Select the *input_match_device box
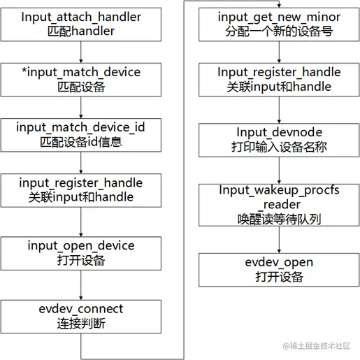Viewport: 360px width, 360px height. pyautogui.click(x=81, y=80)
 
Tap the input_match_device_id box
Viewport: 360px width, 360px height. pyautogui.click(x=81, y=134)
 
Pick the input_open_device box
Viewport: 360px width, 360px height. pyautogui.click(x=81, y=253)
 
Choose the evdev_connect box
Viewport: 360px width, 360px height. pyautogui.click(x=81, y=316)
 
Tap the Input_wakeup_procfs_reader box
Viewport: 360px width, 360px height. pyautogui.click(x=280, y=204)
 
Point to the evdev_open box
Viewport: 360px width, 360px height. pyautogui.click(x=280, y=269)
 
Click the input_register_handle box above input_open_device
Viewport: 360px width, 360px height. pyautogui.click(x=81, y=190)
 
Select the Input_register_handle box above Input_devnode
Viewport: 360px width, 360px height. pyautogui.click(x=280, y=80)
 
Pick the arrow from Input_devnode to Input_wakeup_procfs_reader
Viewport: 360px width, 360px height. pyautogui.click(x=280, y=171)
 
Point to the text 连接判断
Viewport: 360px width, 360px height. pyautogui.click(x=81, y=324)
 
